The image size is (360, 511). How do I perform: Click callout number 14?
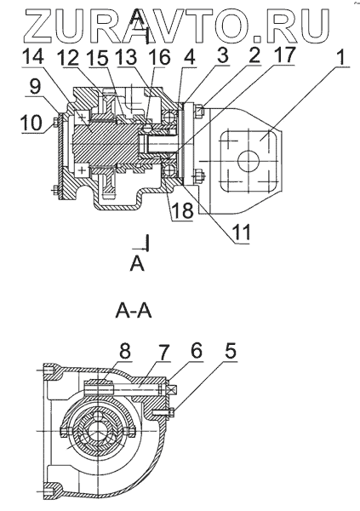coord(32,57)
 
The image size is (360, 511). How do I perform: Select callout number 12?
coord(68,59)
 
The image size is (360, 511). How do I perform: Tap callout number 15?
coord(99,59)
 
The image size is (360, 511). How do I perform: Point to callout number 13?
coord(127,58)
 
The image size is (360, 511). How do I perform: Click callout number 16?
coord(159,58)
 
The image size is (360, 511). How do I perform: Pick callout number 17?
coord(283,55)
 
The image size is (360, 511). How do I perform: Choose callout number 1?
coord(340,57)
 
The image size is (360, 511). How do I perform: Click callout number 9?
coord(35,87)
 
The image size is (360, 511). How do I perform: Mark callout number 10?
coord(31,123)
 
